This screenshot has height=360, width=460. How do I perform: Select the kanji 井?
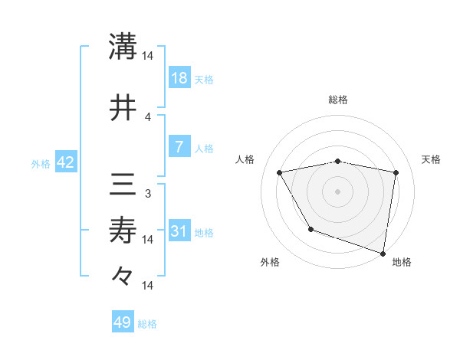click(123, 109)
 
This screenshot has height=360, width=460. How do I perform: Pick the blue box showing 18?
click(179, 78)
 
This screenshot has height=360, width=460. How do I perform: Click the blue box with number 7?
click(179, 147)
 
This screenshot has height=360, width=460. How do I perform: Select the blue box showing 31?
click(179, 231)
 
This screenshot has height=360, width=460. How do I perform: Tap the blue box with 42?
click(65, 162)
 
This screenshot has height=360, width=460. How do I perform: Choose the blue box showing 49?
click(123, 322)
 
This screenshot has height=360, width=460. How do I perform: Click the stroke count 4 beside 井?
click(148, 116)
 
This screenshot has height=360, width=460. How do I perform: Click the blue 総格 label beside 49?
click(147, 324)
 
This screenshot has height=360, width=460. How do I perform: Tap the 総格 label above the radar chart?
click(337, 100)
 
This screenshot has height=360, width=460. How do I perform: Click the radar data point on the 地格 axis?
click(383, 253)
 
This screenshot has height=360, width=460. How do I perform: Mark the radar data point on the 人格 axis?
click(280, 172)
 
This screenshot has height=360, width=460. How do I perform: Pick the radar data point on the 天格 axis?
click(396, 172)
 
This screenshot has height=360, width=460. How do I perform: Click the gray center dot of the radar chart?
click(337, 191)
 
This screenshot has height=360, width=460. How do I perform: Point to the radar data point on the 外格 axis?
click(310, 229)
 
